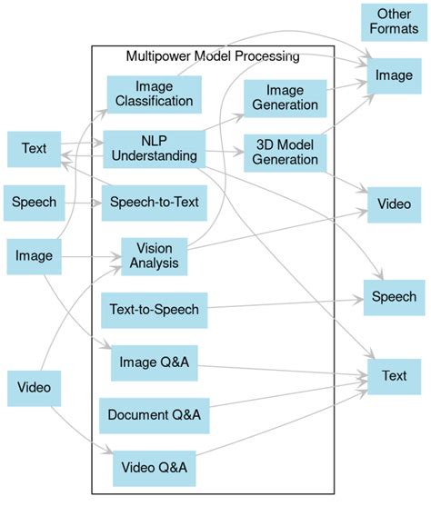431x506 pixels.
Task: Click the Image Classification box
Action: click(x=154, y=94)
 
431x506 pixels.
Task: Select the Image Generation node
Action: click(x=285, y=97)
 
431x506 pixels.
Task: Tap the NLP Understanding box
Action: click(x=154, y=148)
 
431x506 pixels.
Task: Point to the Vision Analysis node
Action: click(x=154, y=255)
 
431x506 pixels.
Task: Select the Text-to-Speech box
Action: click(x=153, y=310)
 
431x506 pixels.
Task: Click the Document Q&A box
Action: click(x=153, y=415)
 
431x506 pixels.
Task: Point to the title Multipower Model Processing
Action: click(x=214, y=56)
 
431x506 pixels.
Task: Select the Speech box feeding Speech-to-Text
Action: click(x=34, y=202)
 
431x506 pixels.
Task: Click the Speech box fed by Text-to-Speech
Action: click(x=394, y=296)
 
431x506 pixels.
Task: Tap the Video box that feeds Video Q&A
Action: click(x=34, y=389)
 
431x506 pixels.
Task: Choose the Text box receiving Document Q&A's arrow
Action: click(x=394, y=375)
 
